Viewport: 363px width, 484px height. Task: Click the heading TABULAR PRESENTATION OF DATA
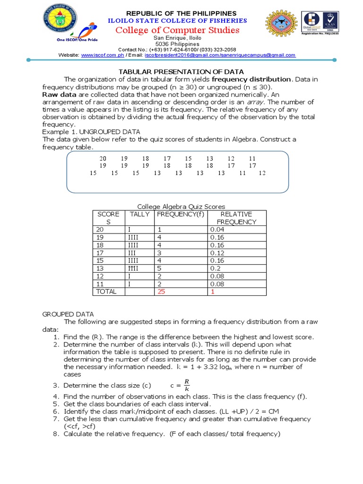(x=181, y=71)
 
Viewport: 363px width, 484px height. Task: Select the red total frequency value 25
(x=162, y=292)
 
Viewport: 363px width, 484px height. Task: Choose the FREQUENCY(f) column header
(x=181, y=214)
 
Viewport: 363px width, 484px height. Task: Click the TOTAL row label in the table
(x=106, y=292)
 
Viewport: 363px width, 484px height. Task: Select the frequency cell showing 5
(x=159, y=268)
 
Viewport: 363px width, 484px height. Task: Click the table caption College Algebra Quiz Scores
(x=181, y=207)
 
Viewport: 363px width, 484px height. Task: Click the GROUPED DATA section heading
(x=68, y=314)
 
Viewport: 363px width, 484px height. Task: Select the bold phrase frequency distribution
(x=251, y=79)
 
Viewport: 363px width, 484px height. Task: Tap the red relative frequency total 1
(x=212, y=292)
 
